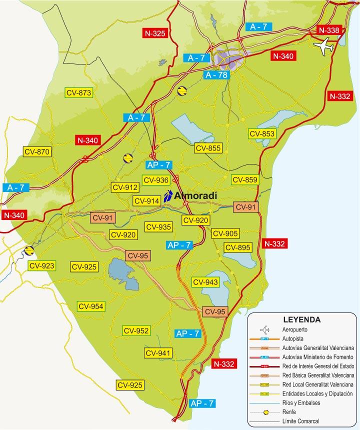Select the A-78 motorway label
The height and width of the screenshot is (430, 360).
(216, 75)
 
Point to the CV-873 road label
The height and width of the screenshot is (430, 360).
(79, 92)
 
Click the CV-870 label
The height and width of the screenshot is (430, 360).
(37, 151)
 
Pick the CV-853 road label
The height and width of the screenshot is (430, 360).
(262, 133)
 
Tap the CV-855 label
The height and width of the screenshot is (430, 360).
(208, 148)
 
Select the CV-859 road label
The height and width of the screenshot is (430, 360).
(244, 180)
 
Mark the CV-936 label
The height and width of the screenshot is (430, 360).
(155, 180)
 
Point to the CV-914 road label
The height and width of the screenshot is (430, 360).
(146, 201)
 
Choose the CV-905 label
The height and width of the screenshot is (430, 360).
(225, 233)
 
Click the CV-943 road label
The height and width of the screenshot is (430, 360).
(205, 282)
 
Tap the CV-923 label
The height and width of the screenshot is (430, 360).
(42, 266)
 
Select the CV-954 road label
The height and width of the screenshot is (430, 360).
(90, 306)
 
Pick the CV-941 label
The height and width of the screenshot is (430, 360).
(158, 353)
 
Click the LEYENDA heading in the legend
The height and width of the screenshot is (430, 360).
(301, 319)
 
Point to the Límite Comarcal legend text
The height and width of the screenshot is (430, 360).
(300, 421)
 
